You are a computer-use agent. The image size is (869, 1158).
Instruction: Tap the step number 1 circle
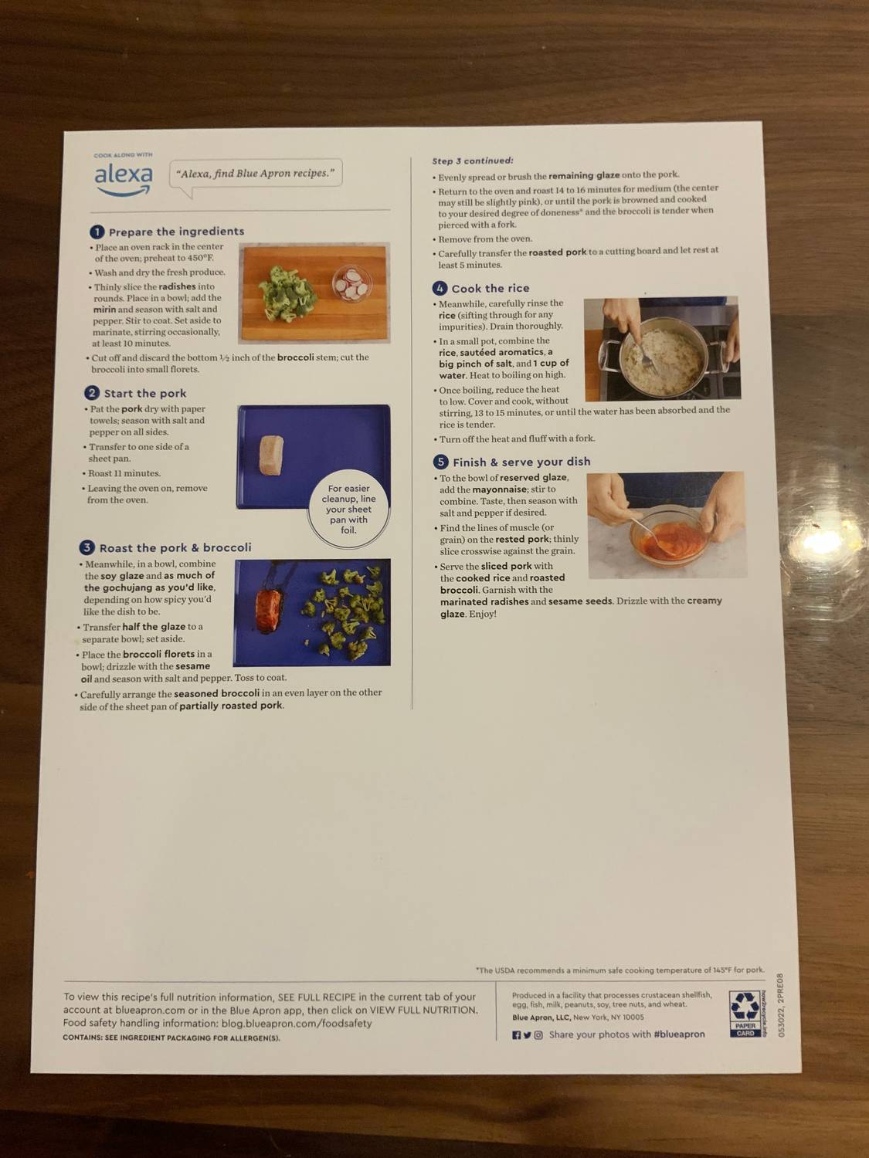pos(97,232)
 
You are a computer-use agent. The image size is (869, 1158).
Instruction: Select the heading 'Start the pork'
pos(144,393)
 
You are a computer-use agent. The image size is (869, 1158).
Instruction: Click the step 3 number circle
pos(87,547)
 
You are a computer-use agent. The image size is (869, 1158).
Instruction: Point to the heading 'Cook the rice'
pos(490,288)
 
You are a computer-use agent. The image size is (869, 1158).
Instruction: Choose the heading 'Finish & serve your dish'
pos(521,462)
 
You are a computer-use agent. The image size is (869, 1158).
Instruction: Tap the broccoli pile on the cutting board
pos(288,289)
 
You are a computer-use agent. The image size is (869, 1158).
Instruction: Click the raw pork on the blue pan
pos(271,455)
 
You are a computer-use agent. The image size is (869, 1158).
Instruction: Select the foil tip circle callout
pos(348,509)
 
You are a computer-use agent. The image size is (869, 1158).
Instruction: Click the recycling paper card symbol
pos(745,1014)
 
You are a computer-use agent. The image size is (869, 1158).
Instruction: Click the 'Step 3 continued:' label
pos(472,161)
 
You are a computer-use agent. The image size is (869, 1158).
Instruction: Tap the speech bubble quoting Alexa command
pos(255,174)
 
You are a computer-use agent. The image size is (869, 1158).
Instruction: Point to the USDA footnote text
pos(620,970)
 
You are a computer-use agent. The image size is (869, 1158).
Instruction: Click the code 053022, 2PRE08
pos(781,1004)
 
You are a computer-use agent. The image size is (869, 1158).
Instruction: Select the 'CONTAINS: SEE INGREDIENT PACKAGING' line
pos(171,1038)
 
